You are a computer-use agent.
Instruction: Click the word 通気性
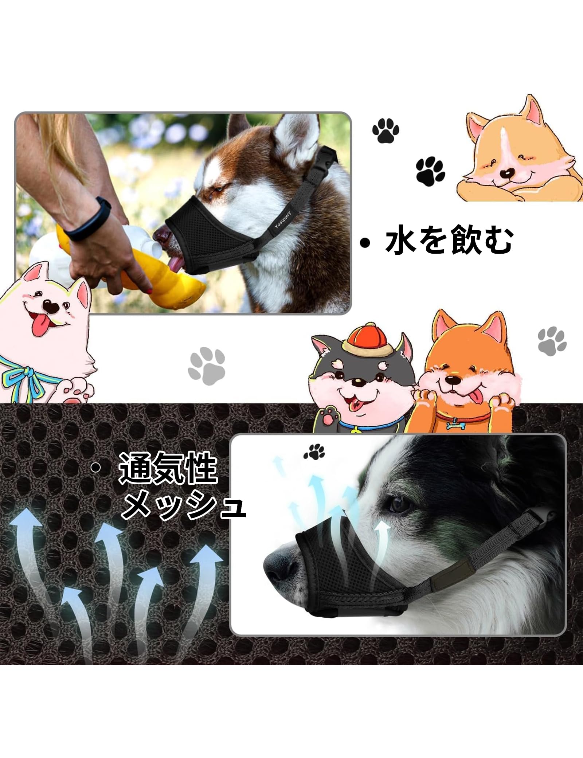click(x=168, y=468)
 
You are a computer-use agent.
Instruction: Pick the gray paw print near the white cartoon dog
click(x=207, y=366)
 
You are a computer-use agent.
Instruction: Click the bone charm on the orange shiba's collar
click(x=455, y=425)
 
